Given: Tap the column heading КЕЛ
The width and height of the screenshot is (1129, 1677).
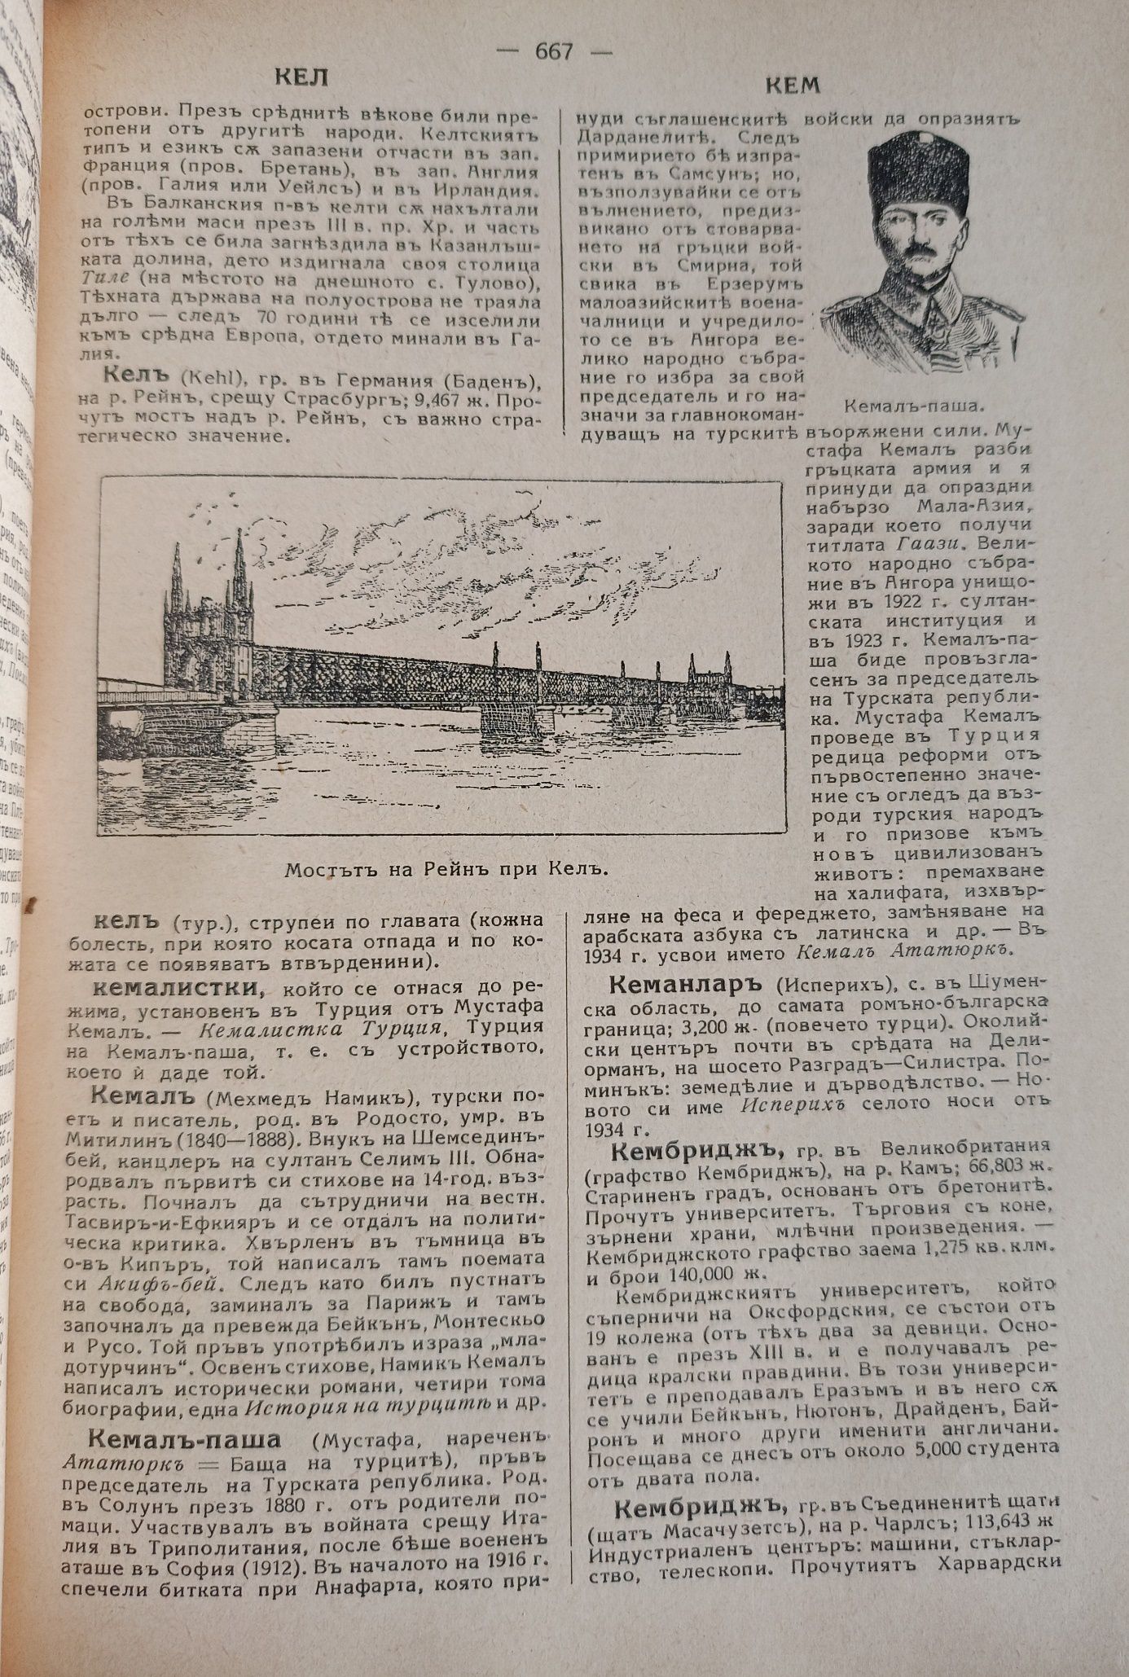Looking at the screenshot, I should (x=301, y=79).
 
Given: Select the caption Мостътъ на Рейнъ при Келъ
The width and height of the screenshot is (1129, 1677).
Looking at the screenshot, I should (x=447, y=868).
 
